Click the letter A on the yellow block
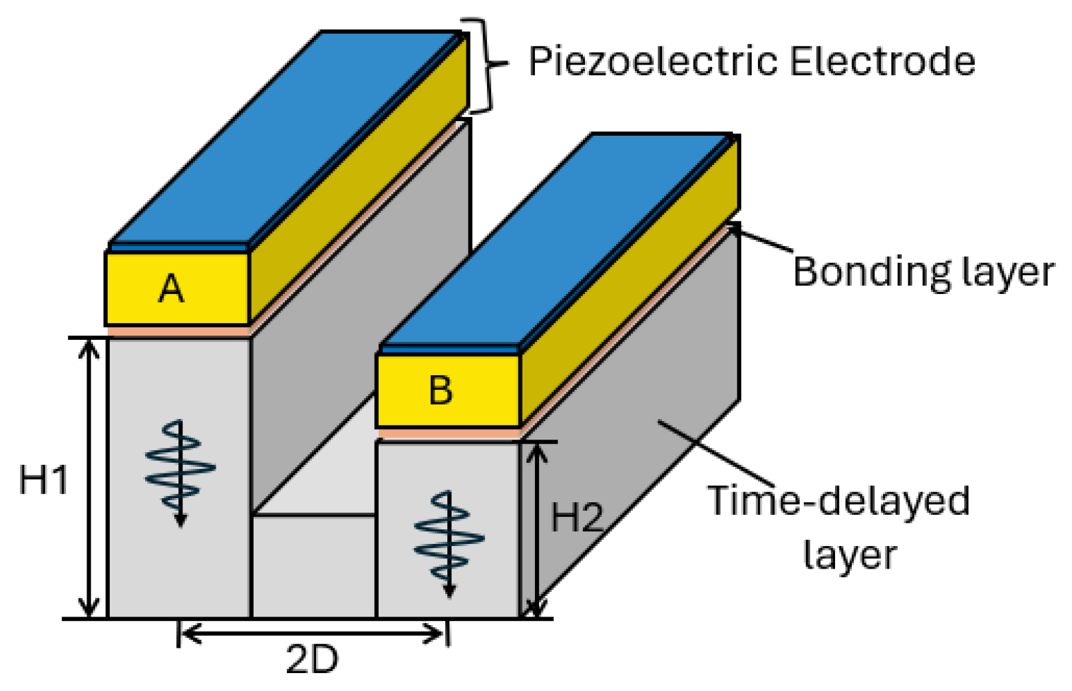(x=172, y=289)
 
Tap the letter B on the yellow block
(x=441, y=390)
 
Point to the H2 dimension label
(x=577, y=517)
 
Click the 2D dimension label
(x=312, y=660)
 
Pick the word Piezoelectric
(x=653, y=62)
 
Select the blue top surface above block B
(x=556, y=239)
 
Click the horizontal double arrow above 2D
(x=313, y=634)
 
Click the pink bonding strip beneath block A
(x=178, y=331)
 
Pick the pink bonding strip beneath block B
(x=448, y=434)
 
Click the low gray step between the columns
(x=313, y=565)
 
